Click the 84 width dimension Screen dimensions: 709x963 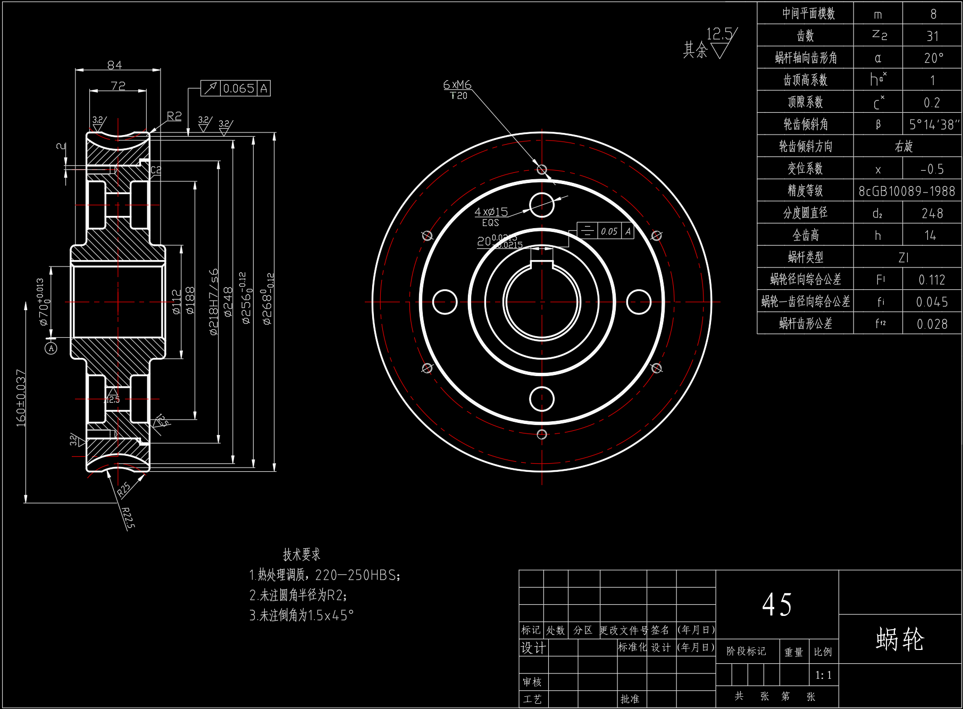coord(114,65)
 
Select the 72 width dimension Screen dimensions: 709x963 coord(118,86)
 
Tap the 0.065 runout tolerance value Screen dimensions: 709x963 coord(239,88)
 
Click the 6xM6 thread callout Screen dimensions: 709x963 coord(457,85)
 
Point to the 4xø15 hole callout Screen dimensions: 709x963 coord(491,212)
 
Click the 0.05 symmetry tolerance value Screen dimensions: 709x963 coord(609,231)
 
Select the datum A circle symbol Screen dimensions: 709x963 coord(51,348)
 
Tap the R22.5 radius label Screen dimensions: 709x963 coord(128,518)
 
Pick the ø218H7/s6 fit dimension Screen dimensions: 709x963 coord(214,302)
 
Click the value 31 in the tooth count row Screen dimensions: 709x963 coord(932,36)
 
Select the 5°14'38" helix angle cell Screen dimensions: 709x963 coord(934,124)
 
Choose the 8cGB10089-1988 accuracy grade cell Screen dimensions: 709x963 coord(907,191)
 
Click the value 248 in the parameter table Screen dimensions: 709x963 coord(932,213)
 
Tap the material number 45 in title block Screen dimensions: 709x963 coord(777,605)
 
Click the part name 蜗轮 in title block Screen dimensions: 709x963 coord(900,639)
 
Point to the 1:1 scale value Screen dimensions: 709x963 coord(823,675)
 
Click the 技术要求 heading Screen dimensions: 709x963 coord(302,555)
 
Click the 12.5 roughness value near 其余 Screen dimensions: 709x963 coord(719,34)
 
